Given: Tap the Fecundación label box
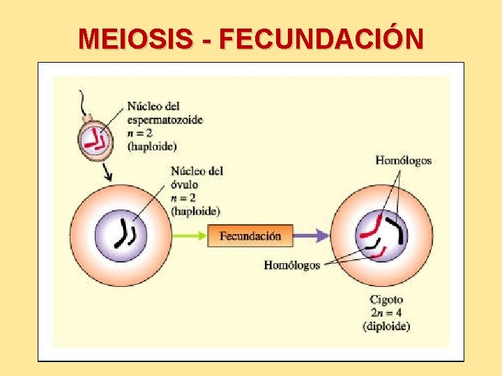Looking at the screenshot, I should click(250, 236).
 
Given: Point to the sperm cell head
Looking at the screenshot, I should click(96, 140).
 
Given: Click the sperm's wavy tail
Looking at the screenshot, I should click(85, 104).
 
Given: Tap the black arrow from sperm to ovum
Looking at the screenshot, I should click(107, 172).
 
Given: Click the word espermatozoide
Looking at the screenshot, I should click(165, 120).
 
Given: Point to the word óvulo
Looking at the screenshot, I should click(184, 185).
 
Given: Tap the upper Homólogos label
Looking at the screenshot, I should click(403, 161).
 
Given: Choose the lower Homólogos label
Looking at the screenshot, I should click(291, 265).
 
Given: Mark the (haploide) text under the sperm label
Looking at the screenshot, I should click(152, 146).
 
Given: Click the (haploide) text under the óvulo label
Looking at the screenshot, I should click(195, 211).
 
